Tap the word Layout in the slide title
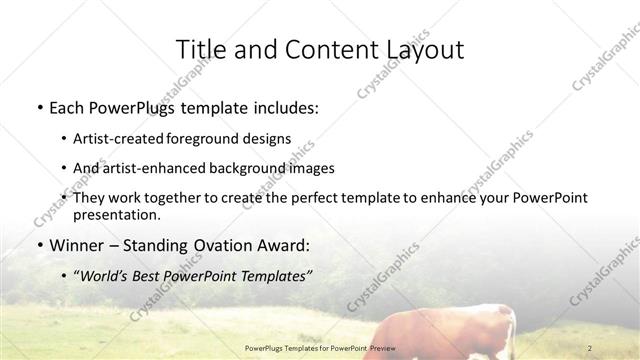pyautogui.click(x=418, y=49)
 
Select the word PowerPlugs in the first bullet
pyautogui.click(x=136, y=107)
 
